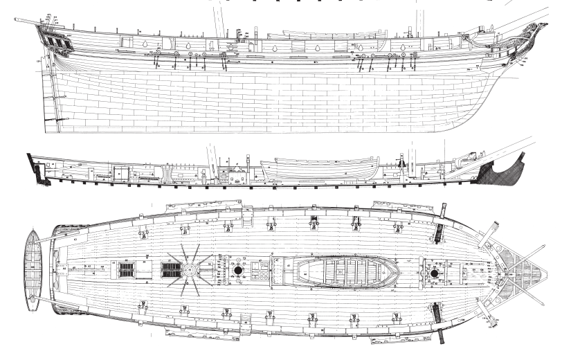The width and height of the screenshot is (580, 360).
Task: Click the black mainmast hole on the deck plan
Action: click(x=240, y=270)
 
